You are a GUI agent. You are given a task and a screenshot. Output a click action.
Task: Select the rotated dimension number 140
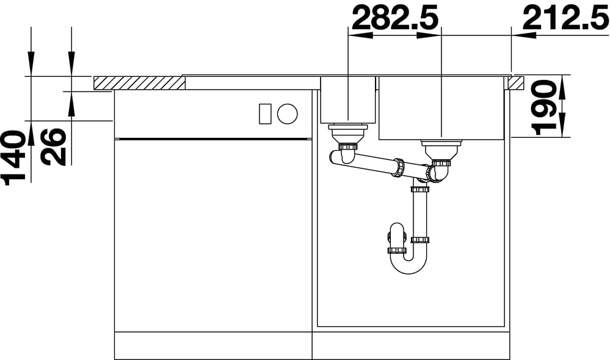tap(14, 157)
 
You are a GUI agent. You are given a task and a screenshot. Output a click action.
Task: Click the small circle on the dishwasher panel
tap(288, 114)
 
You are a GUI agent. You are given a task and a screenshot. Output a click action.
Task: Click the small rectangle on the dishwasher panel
tap(266, 114)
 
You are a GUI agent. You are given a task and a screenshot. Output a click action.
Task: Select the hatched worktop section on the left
tap(139, 84)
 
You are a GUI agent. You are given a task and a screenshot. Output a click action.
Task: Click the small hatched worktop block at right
tap(516, 84)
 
